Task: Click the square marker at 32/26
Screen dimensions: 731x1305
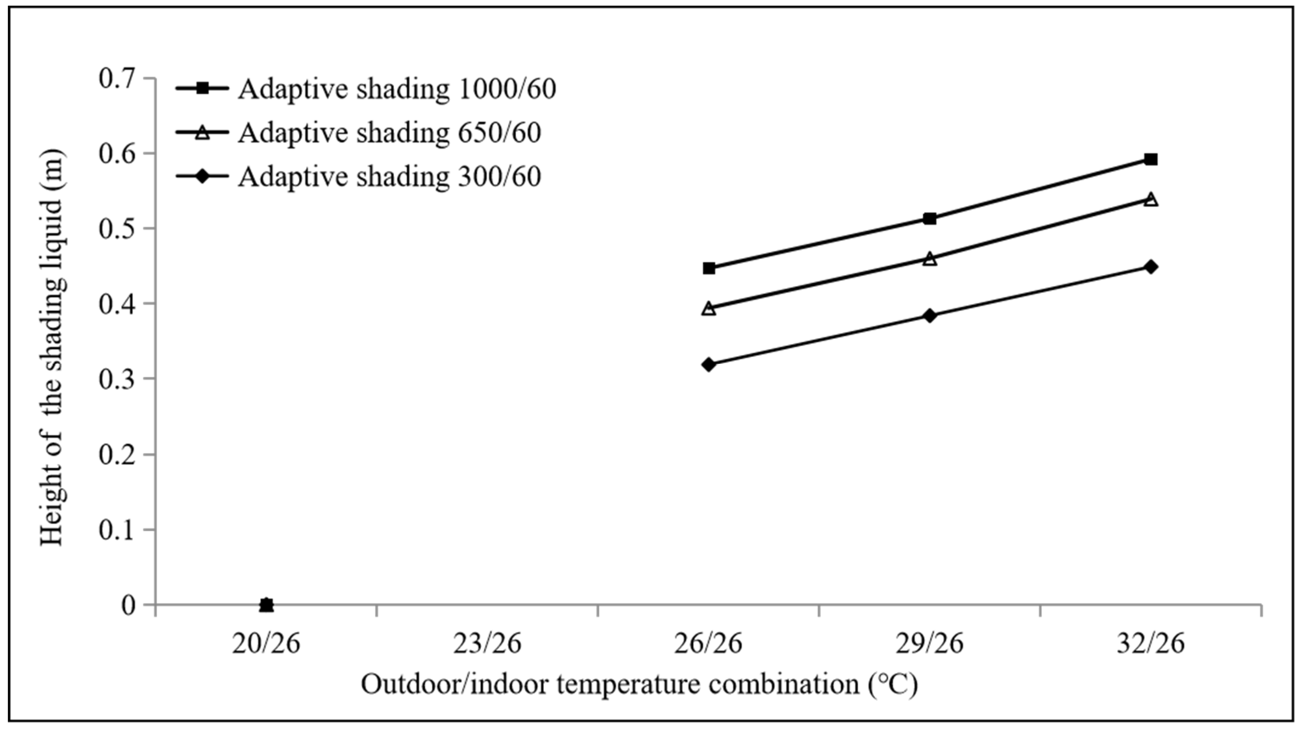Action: point(1150,160)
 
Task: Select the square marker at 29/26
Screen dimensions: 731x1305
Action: point(930,218)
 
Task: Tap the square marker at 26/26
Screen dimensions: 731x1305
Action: point(709,268)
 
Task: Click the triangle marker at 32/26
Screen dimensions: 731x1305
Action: point(1150,199)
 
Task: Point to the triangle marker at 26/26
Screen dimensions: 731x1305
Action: point(709,308)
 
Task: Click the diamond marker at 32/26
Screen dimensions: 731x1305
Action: point(1150,267)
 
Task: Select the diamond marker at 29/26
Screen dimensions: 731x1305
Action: point(930,316)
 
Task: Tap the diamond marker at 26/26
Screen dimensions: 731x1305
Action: point(709,364)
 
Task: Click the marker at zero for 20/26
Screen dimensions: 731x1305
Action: point(266,605)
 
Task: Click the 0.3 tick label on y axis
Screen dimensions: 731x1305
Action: point(118,379)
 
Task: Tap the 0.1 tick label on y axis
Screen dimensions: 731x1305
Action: point(118,530)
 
